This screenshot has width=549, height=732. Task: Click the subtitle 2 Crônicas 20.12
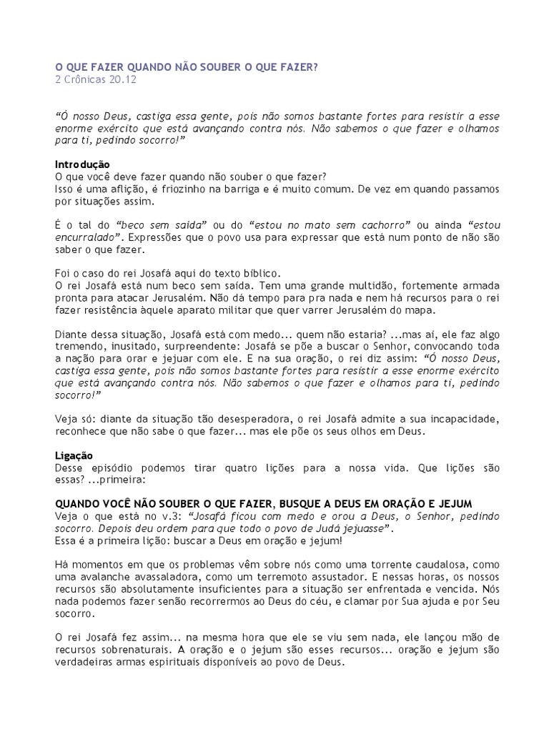click(x=96, y=79)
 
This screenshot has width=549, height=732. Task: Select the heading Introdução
click(x=82, y=164)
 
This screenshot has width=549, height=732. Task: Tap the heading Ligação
click(x=74, y=455)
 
